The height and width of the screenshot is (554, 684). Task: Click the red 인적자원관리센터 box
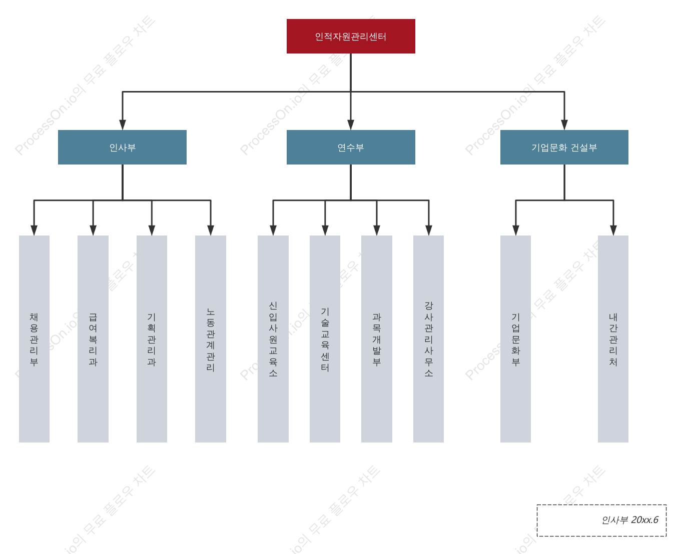tap(350, 36)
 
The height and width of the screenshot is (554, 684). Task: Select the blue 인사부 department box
tap(122, 147)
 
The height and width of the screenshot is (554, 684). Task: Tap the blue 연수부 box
tap(350, 147)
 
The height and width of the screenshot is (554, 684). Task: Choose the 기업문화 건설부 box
tap(564, 147)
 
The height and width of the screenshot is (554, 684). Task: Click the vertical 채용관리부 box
tap(34, 339)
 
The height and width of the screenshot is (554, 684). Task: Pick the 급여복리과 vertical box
tap(93, 339)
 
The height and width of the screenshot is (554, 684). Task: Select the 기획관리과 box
tap(152, 339)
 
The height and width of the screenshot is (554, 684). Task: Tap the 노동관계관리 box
tap(210, 339)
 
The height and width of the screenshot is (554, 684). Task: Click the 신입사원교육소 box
tap(273, 339)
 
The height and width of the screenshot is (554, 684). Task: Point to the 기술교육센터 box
tap(325, 339)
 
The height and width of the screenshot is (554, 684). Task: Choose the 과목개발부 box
tap(376, 339)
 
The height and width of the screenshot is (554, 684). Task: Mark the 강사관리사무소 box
tap(428, 339)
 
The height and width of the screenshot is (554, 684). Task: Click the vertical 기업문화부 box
tap(515, 339)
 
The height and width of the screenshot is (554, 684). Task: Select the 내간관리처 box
tap(613, 339)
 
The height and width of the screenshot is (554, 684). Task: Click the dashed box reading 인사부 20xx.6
tap(601, 520)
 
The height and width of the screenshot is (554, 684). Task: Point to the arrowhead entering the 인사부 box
tap(123, 125)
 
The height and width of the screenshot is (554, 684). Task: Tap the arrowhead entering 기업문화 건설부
tap(564, 125)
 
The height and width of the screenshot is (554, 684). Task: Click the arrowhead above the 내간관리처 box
tap(613, 230)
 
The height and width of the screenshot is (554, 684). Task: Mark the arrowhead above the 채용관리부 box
tap(34, 230)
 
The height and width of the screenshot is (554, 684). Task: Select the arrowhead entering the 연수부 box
tap(351, 125)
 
